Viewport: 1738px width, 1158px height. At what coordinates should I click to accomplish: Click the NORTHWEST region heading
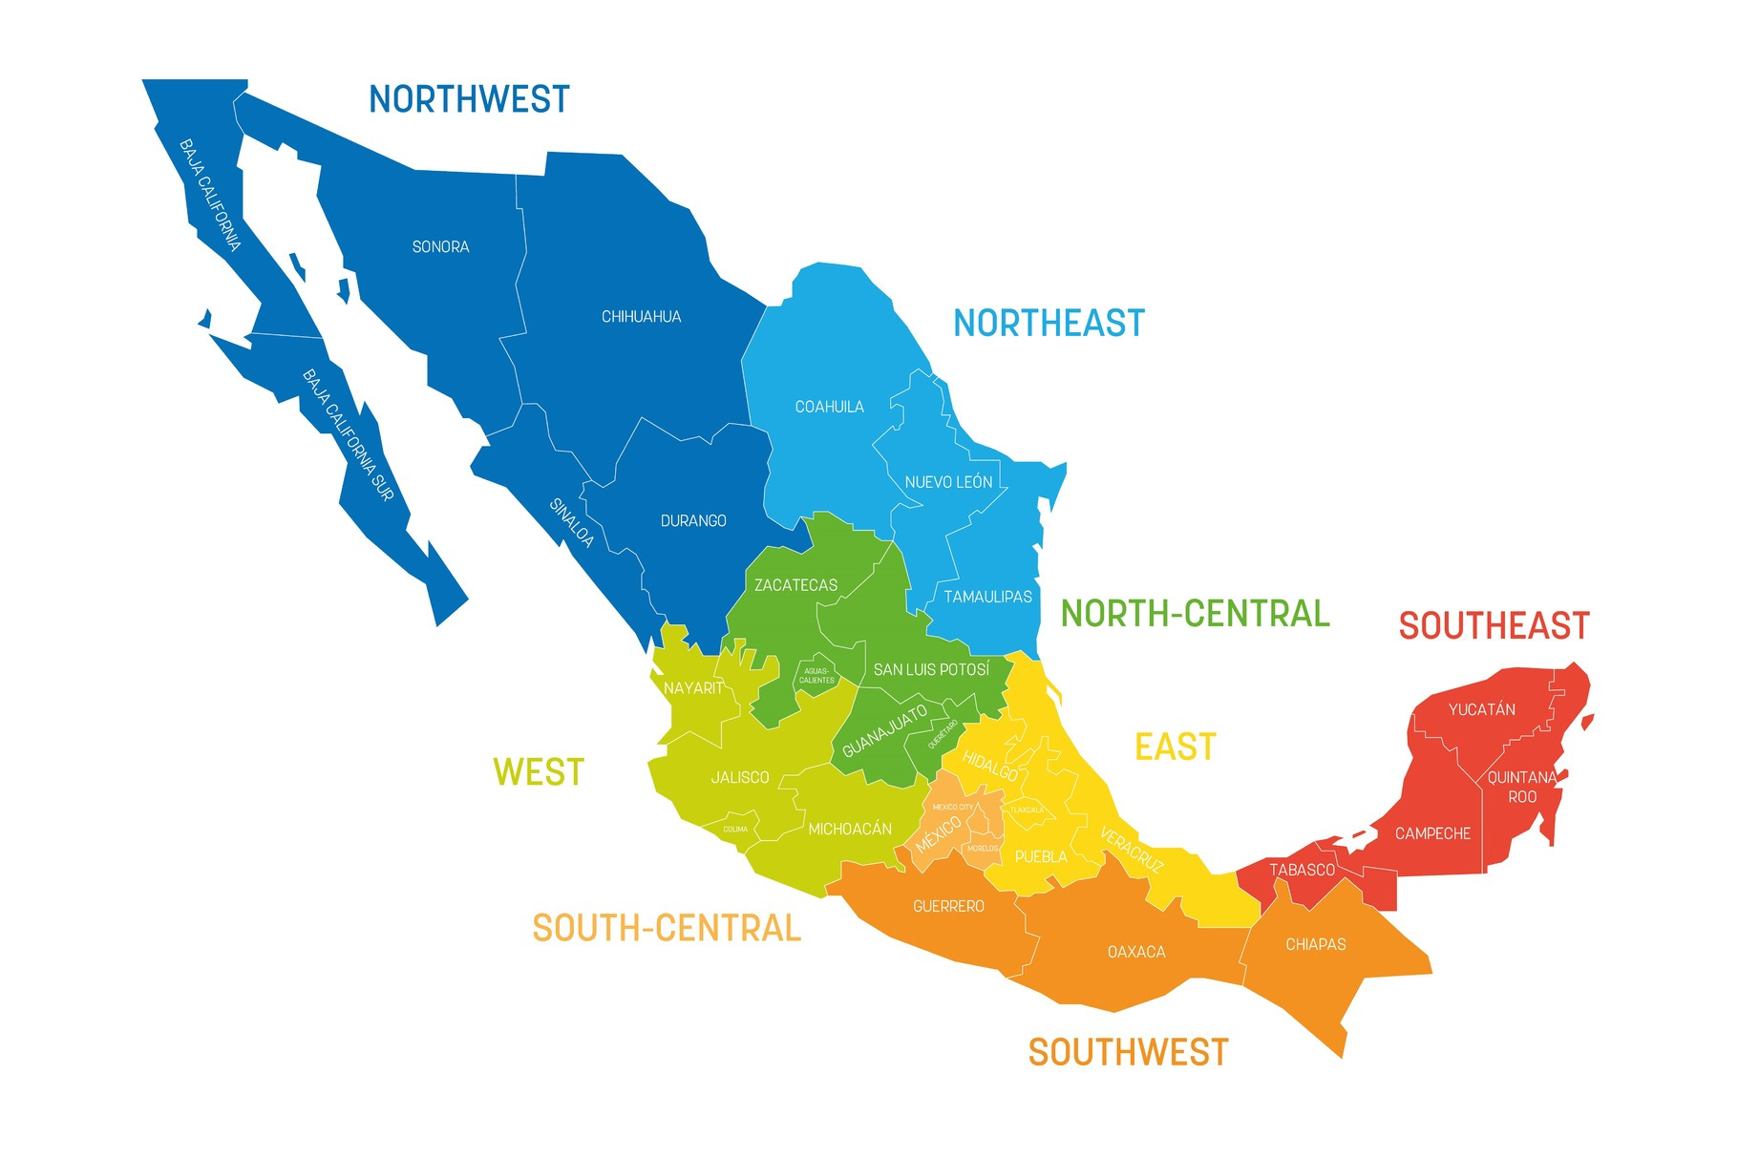469,99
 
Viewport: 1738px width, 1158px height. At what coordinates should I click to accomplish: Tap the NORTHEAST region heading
1049,324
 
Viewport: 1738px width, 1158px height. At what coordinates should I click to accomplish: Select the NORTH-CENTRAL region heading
1195,614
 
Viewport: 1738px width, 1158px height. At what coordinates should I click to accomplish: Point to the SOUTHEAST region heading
1494,626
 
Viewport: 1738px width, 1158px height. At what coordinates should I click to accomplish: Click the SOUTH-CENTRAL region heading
667,928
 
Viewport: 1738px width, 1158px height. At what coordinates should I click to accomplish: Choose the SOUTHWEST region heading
1128,1052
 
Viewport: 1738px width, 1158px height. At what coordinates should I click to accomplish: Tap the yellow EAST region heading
1176,747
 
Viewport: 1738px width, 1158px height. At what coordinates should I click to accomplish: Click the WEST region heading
539,772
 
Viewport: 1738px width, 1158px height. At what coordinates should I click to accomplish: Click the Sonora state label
440,247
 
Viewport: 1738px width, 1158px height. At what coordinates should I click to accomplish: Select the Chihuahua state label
641,317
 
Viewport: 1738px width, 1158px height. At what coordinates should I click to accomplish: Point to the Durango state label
693,521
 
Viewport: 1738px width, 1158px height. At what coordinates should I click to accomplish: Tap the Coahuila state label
829,407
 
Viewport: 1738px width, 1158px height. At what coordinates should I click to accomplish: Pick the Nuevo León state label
948,482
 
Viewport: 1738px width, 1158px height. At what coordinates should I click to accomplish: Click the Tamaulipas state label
987,597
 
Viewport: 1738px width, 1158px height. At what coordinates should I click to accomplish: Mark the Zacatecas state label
795,585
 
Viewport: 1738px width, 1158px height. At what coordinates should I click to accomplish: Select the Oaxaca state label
1136,952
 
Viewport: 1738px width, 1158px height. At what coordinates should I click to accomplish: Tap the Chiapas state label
1315,944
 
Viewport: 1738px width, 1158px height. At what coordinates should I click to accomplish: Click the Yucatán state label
1481,709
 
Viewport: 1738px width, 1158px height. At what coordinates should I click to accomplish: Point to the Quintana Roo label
1522,787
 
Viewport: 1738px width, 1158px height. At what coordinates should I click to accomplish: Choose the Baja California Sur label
348,435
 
